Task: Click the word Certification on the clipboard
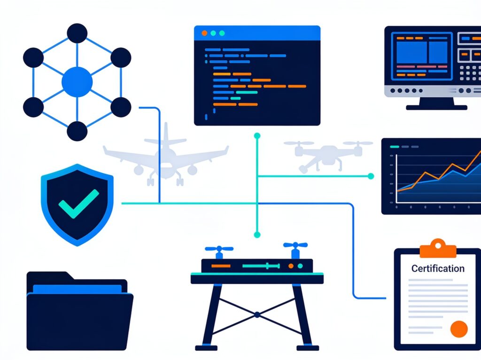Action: pos(438,268)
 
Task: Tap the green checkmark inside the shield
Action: pos(79,203)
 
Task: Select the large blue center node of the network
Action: pos(77,82)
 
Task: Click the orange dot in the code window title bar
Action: pos(204,33)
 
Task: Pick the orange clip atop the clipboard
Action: pos(438,248)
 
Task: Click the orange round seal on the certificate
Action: pos(459,329)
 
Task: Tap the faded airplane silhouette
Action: pos(166,157)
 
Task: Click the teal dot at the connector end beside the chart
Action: pos(371,176)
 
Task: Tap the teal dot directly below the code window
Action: pos(257,136)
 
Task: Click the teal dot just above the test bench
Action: pos(257,235)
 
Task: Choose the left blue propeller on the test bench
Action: pos(219,251)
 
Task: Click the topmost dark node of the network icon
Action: pos(77,33)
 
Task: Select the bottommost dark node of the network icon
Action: pos(77,131)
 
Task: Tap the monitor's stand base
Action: pos(436,108)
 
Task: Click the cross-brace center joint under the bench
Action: pos(257,314)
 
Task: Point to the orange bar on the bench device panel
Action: pos(221,266)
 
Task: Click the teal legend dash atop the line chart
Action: pos(394,147)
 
